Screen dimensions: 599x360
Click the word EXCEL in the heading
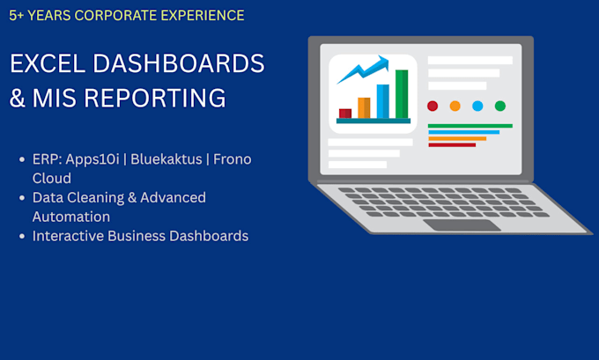click(x=48, y=63)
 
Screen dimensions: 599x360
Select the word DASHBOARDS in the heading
click(x=179, y=63)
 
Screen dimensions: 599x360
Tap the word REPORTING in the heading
click(x=155, y=98)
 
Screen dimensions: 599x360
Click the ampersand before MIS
click(x=18, y=98)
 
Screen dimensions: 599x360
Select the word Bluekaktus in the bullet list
click(x=166, y=159)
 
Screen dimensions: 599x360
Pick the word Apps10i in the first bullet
click(x=92, y=159)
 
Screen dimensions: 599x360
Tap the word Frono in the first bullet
click(x=233, y=159)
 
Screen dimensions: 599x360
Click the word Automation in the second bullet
click(x=71, y=217)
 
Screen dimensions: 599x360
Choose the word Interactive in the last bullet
click(x=68, y=236)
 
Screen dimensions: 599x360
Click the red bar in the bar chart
click(x=345, y=114)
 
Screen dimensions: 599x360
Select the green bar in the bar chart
click(x=402, y=94)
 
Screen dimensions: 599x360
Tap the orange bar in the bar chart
click(x=364, y=107)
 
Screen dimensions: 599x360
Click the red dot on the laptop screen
click(x=433, y=106)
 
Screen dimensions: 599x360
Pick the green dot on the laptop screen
click(x=500, y=106)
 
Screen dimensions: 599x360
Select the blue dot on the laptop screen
click(x=477, y=106)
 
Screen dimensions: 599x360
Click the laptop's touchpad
click(x=462, y=224)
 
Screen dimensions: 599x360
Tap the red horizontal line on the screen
click(x=452, y=145)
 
